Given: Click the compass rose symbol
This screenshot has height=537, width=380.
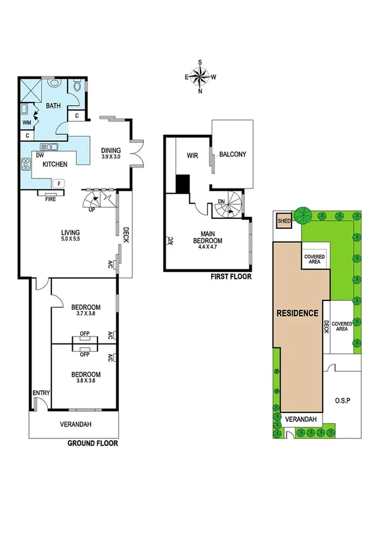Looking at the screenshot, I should (200, 76).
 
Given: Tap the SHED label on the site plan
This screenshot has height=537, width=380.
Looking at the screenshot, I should (283, 221).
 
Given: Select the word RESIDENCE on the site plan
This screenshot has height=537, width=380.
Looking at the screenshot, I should (297, 312).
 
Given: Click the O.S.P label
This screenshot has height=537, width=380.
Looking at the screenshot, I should (343, 400).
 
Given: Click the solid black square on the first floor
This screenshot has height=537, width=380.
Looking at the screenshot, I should (183, 183).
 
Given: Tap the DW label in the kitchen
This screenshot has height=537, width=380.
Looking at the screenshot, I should (40, 154).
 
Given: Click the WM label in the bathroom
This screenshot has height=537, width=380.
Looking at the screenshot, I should (27, 121).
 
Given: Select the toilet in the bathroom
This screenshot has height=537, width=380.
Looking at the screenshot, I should (77, 87).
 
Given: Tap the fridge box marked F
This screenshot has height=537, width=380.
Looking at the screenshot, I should (59, 183).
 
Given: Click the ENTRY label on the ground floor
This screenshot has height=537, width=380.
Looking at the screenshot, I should (41, 393).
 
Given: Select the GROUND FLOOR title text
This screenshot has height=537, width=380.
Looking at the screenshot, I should (92, 443).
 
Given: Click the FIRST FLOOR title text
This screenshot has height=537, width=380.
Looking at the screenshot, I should (231, 276).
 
